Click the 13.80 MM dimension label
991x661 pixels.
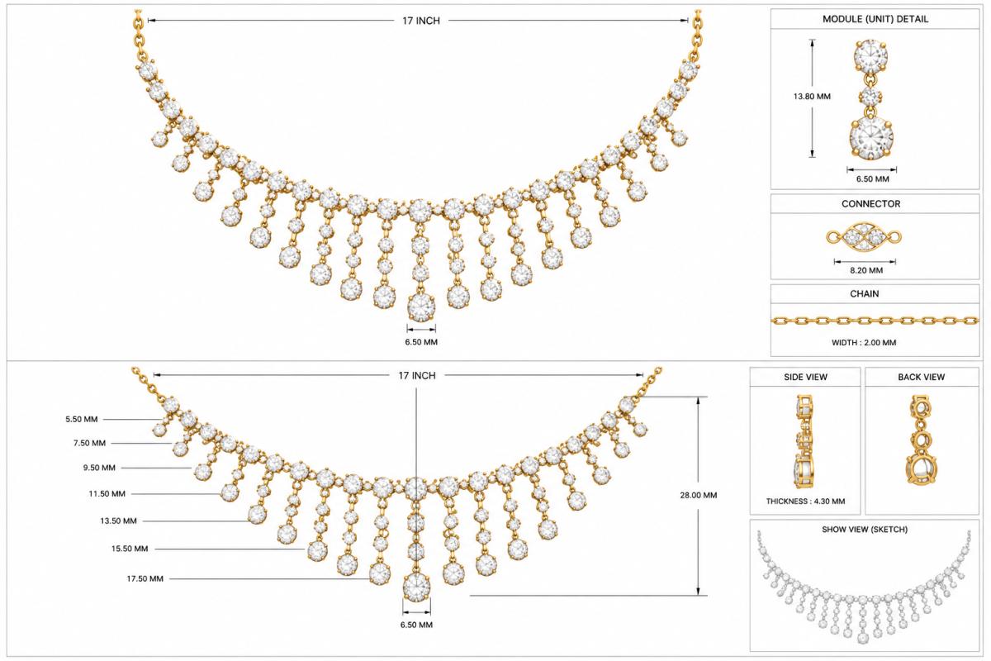[x=812, y=97]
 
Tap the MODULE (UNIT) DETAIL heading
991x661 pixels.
[x=875, y=20]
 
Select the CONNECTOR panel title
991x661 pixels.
[x=870, y=204]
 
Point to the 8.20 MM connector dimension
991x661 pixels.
[x=866, y=270]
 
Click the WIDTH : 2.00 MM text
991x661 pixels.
[x=864, y=343]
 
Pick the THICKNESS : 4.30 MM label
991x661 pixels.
[x=806, y=502]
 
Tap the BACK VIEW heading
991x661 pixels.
[x=922, y=378]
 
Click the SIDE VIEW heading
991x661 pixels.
[x=806, y=378]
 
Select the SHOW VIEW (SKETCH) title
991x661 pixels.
[x=865, y=530]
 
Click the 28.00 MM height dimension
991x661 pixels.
[x=699, y=496]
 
